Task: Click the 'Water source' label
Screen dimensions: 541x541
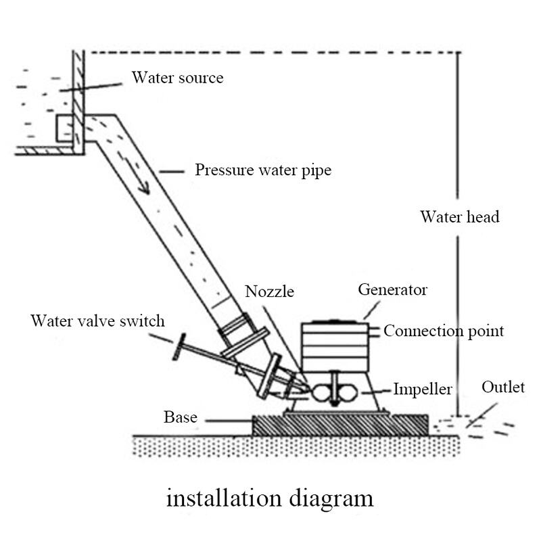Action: tap(177, 78)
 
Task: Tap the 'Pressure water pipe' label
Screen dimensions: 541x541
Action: tap(263, 170)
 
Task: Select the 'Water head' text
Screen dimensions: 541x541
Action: tap(459, 217)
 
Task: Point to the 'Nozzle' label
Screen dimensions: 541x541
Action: tap(270, 291)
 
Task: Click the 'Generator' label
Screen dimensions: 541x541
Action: tap(392, 290)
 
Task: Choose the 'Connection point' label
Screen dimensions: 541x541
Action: tap(444, 331)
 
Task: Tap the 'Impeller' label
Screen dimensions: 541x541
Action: tap(423, 390)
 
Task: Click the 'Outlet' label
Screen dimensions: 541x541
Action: tap(502, 387)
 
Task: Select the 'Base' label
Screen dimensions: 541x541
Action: tap(181, 417)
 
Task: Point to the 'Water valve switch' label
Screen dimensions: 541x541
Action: tap(97, 320)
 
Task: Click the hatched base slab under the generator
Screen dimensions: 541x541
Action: tap(340, 425)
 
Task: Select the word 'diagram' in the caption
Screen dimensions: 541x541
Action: tap(332, 499)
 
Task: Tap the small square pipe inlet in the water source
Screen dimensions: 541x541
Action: tap(64, 128)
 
